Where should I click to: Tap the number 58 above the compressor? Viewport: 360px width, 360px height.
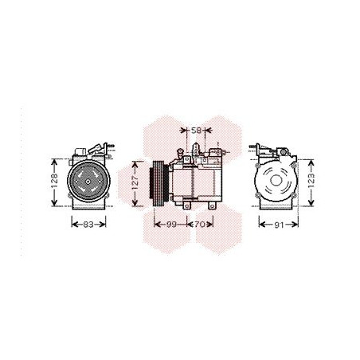(197, 130)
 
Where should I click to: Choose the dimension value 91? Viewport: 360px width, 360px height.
(278, 225)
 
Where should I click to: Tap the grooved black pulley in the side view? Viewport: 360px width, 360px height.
(158, 182)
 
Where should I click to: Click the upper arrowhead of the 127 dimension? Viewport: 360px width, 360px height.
(135, 155)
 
